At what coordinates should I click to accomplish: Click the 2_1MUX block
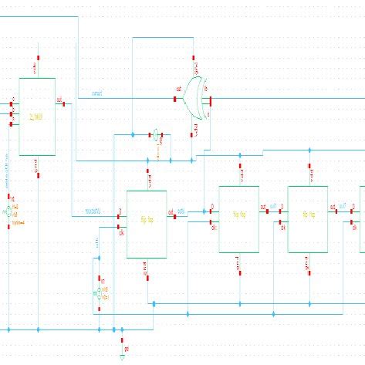click(x=37, y=116)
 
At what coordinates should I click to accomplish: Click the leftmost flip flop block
click(x=146, y=223)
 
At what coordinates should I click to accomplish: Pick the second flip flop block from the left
click(x=238, y=218)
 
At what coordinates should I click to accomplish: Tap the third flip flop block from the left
click(x=307, y=218)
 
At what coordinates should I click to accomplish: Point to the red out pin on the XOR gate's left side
click(x=186, y=99)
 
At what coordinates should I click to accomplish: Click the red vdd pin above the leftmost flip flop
click(x=147, y=172)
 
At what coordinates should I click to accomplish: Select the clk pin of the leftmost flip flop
click(x=119, y=226)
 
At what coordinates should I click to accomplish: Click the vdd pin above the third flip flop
click(x=308, y=167)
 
